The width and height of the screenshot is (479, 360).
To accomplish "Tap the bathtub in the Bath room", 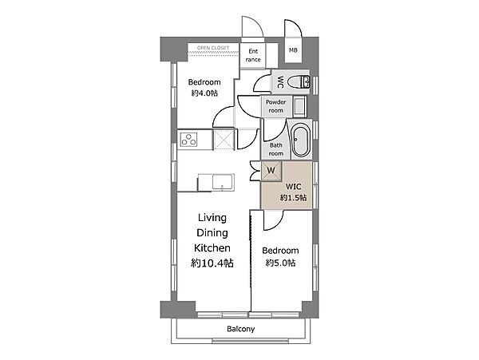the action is (x=301, y=140).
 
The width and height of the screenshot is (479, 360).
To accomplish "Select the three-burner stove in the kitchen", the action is (x=188, y=139).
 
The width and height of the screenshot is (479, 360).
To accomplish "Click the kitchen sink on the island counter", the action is (x=224, y=182).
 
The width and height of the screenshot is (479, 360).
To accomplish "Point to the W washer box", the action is (x=271, y=170).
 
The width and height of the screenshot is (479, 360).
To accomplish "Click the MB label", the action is (x=293, y=50).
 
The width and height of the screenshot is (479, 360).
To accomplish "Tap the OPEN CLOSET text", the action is (x=213, y=48).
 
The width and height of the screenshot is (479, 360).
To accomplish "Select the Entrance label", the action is (x=253, y=55).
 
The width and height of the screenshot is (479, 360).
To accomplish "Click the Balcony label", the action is (x=241, y=329).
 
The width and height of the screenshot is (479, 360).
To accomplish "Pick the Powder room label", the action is (x=276, y=106).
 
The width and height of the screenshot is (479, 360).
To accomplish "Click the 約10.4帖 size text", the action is (x=212, y=263).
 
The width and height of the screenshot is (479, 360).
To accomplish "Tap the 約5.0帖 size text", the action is (x=280, y=263).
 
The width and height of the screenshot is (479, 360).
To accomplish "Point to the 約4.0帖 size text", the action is (x=204, y=93).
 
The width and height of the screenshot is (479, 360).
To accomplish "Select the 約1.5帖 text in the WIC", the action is (x=294, y=197).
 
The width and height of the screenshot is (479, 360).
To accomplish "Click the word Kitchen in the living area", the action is (x=212, y=247).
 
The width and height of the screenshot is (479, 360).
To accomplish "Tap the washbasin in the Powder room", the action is (x=299, y=106).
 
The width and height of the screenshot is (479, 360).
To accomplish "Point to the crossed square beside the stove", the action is (x=224, y=140).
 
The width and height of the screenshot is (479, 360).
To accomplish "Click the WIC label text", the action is (x=293, y=186).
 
